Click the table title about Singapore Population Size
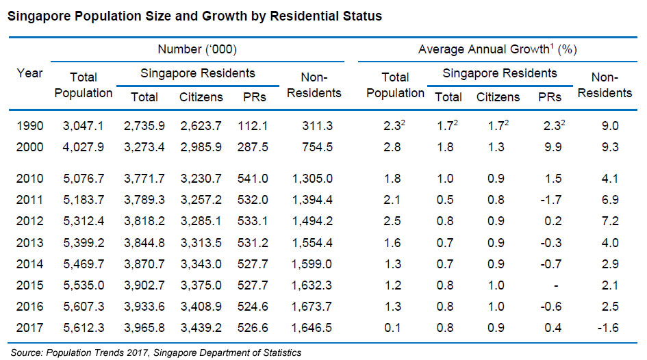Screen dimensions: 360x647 194,16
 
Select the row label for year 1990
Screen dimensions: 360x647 29,127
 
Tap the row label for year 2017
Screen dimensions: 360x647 29,328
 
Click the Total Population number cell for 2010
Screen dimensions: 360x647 82,179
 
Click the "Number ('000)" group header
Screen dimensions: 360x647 197,49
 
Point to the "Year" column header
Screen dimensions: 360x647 29,73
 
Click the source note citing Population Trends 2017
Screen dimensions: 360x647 156,352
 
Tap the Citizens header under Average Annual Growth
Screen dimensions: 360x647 498,97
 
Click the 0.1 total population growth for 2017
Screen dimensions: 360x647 396,328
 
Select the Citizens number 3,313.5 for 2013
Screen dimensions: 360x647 201,243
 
